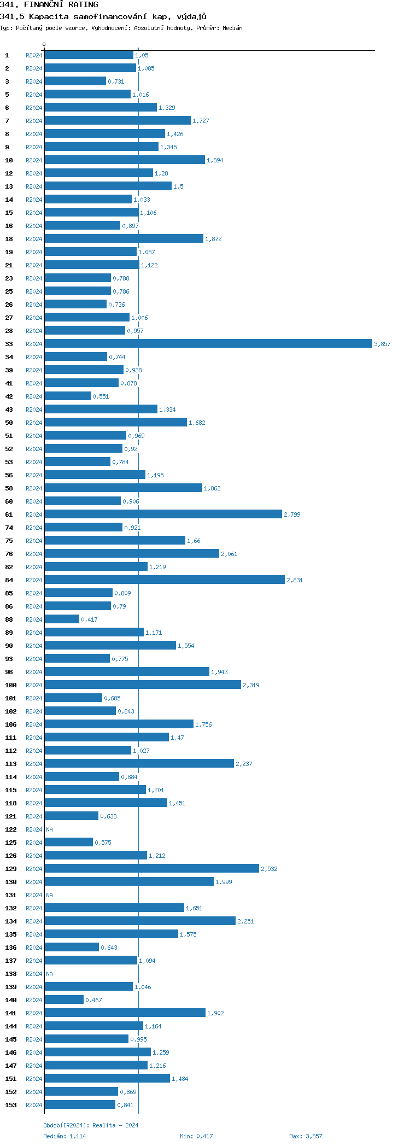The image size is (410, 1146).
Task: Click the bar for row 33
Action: click(x=208, y=343)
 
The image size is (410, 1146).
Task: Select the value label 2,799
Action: click(x=292, y=514)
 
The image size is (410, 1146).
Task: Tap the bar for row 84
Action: click(x=164, y=580)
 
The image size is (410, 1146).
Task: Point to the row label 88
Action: click(x=9, y=619)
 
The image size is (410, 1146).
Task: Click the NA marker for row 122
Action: click(x=49, y=829)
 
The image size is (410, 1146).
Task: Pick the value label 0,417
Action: click(x=89, y=619)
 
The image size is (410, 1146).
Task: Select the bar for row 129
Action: click(x=151, y=868)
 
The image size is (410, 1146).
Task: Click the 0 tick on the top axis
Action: click(x=44, y=44)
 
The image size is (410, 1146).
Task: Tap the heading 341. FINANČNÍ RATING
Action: click(x=49, y=4)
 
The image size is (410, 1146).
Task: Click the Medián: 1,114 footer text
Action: click(x=65, y=1136)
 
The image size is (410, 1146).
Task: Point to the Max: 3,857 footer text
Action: click(x=306, y=1136)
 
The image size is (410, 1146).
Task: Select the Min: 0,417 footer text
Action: click(x=196, y=1136)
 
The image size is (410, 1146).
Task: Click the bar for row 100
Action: click(x=142, y=685)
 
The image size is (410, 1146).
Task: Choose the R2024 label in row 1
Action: click(x=34, y=55)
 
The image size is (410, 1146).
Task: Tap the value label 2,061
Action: click(x=229, y=554)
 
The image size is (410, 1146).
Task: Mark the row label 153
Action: click(x=11, y=1105)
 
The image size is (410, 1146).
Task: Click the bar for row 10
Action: click(x=125, y=160)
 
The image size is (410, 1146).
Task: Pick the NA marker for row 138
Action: click(x=49, y=974)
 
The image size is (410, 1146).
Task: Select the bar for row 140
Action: click(x=64, y=999)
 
